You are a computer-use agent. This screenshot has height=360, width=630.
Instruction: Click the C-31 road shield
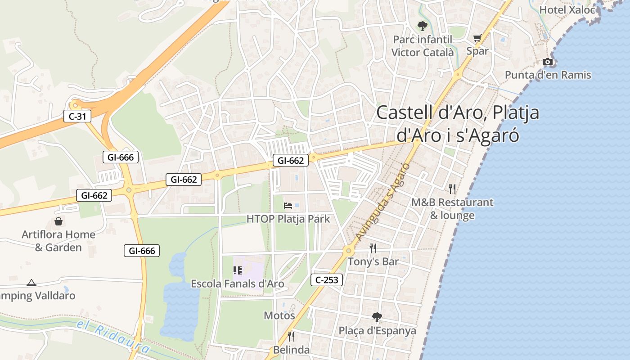point(77,117)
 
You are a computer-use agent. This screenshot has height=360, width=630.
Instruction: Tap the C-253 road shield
point(327,280)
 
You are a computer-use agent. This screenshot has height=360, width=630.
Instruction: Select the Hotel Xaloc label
point(567,9)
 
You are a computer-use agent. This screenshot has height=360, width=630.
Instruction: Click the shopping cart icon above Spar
point(477,38)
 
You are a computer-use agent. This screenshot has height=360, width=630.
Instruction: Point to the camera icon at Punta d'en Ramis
point(548,62)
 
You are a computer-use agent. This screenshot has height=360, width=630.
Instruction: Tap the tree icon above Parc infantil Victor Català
point(422,26)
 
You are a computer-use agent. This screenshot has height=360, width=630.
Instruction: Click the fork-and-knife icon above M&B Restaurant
point(452,189)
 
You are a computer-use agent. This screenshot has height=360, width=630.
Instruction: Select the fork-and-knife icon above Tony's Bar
point(373,248)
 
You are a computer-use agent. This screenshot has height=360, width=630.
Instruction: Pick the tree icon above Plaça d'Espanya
point(377,317)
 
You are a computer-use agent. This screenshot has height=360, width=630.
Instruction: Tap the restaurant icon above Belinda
point(291,336)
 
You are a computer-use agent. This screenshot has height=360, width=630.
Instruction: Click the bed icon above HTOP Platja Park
point(288,206)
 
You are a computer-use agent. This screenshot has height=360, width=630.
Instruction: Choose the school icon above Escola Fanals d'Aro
point(237,270)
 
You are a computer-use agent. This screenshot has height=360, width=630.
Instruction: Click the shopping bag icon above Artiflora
point(58,221)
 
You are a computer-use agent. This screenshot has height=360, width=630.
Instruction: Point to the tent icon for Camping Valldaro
point(31,283)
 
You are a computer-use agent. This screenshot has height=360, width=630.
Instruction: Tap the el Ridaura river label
point(112,337)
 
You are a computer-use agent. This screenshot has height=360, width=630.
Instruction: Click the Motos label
point(279,315)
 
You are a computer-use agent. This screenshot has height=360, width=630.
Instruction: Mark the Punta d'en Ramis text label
point(548,75)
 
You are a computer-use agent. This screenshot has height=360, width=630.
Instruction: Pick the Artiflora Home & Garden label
point(58,241)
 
